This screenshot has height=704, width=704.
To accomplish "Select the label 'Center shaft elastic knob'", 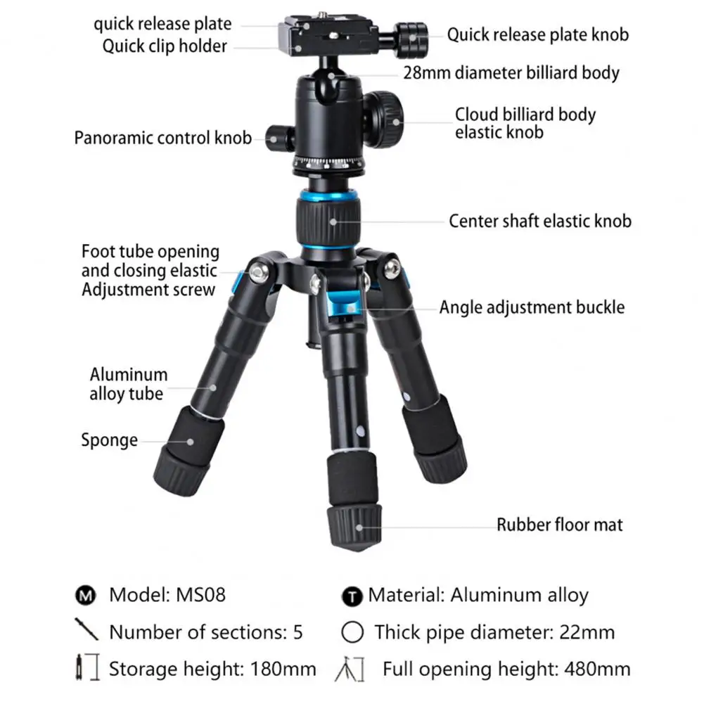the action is [540, 221].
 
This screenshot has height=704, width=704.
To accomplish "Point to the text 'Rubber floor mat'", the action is [559, 524].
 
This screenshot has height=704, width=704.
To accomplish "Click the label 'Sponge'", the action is [109, 440].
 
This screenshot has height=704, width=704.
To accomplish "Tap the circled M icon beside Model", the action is [85, 596].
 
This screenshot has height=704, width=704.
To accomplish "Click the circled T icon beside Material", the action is [352, 597].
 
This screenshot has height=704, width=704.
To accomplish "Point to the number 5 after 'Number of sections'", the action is [297, 632].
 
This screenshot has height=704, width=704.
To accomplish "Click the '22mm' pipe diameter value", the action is [587, 632].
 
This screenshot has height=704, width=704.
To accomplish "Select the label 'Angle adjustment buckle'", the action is [532, 307].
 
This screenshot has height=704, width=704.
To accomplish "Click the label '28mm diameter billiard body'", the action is [511, 72].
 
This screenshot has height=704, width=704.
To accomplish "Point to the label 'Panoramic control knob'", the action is [162, 137].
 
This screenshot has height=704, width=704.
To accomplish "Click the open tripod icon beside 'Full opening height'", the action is [351, 669].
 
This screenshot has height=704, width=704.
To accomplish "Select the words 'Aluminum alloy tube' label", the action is [128, 384].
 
